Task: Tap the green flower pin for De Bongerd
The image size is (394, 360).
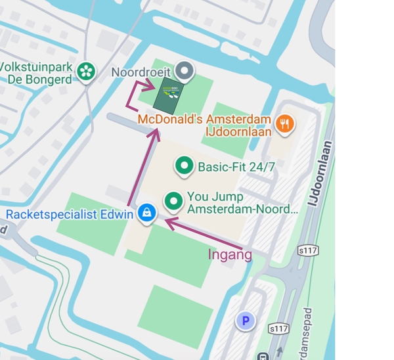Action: click(x=85, y=72)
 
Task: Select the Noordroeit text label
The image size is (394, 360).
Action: click(x=141, y=72)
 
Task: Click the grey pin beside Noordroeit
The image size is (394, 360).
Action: click(x=185, y=70)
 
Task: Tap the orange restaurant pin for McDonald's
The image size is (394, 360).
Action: click(x=284, y=123)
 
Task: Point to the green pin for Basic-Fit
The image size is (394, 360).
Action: click(x=184, y=166)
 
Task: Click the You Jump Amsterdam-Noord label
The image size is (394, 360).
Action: click(x=242, y=203)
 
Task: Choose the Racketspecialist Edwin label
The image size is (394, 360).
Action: click(x=69, y=214)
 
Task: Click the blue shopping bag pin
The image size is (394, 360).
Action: click(x=146, y=212)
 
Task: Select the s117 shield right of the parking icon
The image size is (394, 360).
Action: click(x=278, y=328)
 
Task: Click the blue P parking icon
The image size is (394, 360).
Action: click(x=245, y=321)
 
